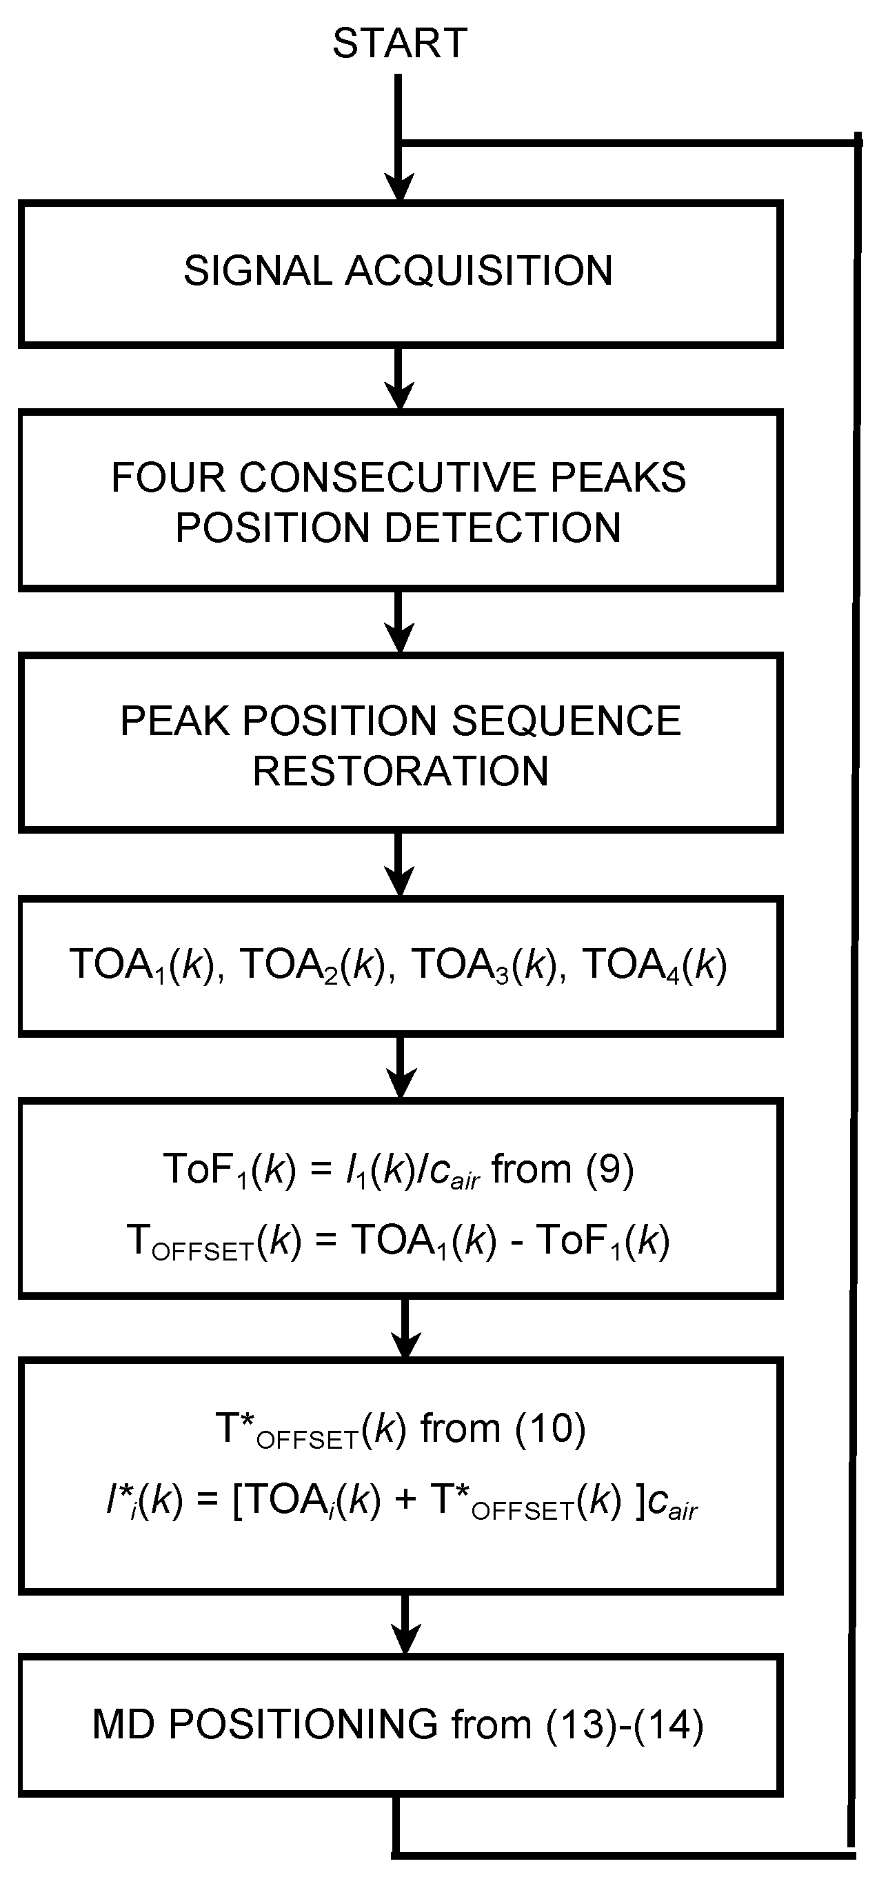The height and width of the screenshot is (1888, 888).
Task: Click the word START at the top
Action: click(399, 43)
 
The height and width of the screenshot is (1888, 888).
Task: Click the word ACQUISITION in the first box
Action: click(478, 270)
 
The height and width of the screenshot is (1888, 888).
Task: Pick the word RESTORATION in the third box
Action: click(400, 771)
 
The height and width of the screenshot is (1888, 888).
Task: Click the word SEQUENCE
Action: click(566, 721)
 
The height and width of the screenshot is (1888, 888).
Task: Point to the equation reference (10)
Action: click(549, 1428)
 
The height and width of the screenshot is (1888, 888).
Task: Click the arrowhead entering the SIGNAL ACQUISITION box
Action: click(399, 188)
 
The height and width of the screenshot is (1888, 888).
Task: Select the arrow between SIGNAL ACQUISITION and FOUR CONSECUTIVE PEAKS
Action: click(399, 378)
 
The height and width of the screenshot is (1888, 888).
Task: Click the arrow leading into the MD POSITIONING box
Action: click(405, 1624)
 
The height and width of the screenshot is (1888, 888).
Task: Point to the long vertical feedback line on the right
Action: click(854, 953)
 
